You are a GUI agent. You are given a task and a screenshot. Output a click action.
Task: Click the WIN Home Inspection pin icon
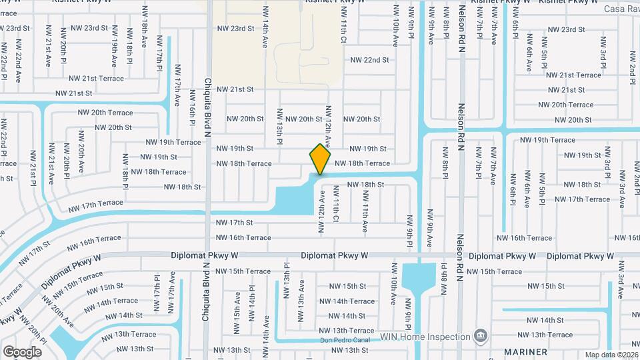(479, 333)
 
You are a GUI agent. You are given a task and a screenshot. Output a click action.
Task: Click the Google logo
(21, 351)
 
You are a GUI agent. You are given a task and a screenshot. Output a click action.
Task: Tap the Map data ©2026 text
(611, 355)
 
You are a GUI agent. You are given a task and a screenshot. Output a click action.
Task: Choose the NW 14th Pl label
(252, 303)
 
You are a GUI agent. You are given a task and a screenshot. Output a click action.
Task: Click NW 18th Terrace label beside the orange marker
(362, 163)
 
